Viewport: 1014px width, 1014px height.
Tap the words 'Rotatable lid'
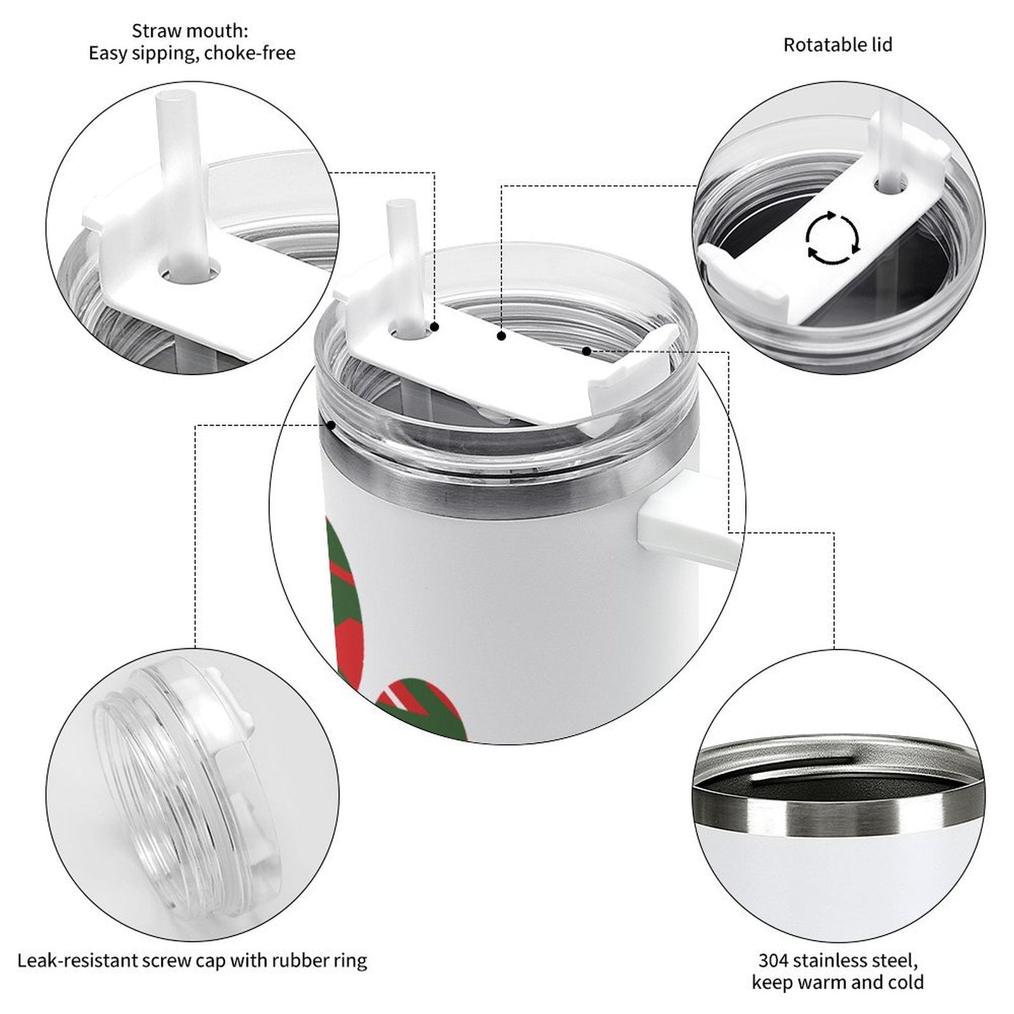point(838,45)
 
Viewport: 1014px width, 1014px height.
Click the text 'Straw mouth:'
point(190,30)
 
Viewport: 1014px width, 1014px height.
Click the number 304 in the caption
point(773,960)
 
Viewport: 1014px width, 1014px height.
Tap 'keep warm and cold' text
point(838,983)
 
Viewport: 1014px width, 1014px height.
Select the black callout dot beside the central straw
point(435,327)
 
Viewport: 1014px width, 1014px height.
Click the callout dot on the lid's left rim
point(331,425)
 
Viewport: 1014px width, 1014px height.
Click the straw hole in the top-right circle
point(890,183)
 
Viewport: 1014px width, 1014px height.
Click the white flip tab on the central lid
point(627,380)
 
